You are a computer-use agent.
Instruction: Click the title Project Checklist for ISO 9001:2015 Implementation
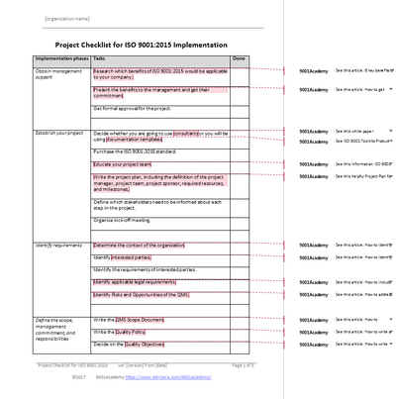click(x=141, y=46)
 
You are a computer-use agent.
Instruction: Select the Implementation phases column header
click(x=61, y=58)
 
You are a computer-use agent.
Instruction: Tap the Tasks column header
click(x=101, y=58)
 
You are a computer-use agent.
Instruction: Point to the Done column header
click(x=239, y=58)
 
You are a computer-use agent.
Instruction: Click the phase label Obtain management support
click(x=58, y=75)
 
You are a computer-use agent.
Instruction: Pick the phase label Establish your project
click(x=58, y=132)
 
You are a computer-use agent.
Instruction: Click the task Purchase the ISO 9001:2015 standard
click(x=135, y=150)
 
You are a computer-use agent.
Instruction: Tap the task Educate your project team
click(x=123, y=163)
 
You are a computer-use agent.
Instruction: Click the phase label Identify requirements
click(x=58, y=244)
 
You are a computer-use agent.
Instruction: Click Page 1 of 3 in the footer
click(x=243, y=365)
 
